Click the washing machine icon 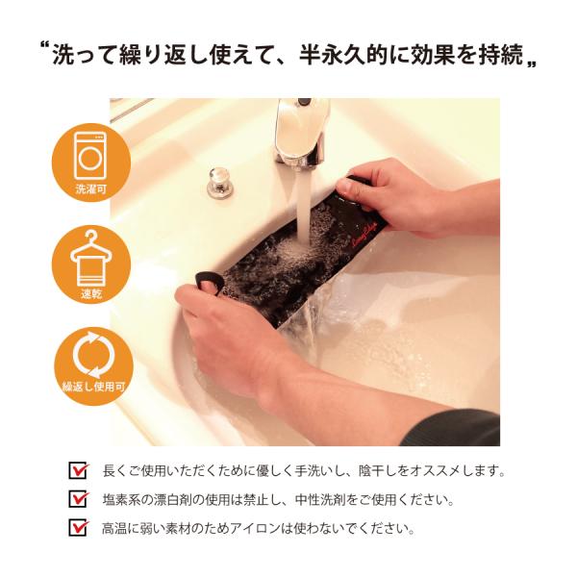90,156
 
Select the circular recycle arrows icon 92,354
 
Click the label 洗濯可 91,189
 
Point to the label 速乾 91,294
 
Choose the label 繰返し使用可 93,387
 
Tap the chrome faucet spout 302,133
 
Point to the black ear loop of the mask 210,283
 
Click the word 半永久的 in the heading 343,55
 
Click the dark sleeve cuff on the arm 452,428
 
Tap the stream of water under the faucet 305,206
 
